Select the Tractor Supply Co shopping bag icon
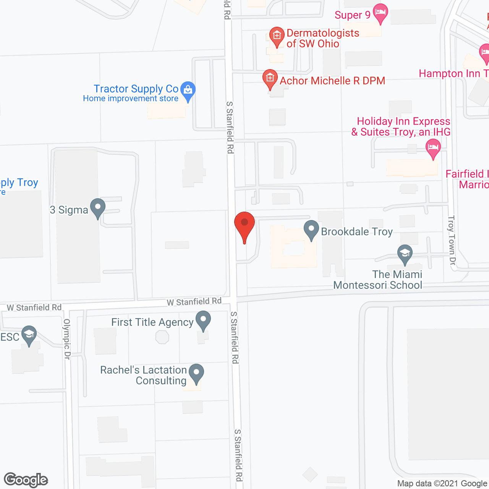pos(188,91)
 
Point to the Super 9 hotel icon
pos(380,13)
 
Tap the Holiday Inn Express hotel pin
pos(433,147)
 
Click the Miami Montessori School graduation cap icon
pos(405,254)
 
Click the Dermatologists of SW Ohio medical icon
pos(277,36)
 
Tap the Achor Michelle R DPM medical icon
pos(270,79)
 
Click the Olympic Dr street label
pos(67,339)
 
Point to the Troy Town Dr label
pos(452,240)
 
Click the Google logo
pos(26,480)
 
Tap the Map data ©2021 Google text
pos(442,484)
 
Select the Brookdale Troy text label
pos(357,232)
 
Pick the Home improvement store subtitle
pos(131,99)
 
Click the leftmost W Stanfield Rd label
pos(34,308)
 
